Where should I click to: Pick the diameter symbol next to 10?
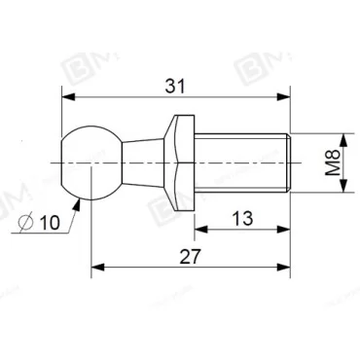27,224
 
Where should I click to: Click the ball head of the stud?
89,161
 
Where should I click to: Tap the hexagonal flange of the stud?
178,161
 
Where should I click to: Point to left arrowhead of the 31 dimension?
66,97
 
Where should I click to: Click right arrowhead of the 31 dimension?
286,97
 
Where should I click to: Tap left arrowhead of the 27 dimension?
96,268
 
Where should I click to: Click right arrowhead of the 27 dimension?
286,268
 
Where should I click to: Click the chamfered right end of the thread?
288,161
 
